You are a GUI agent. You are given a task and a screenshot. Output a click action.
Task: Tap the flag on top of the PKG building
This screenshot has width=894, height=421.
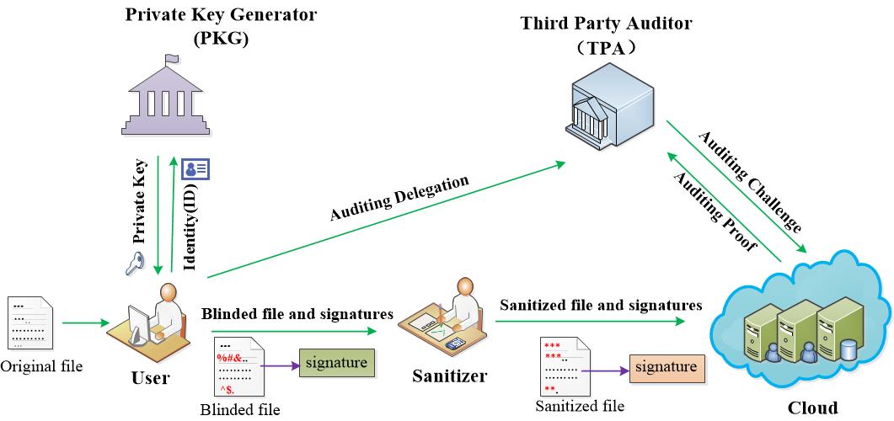coord(171,60)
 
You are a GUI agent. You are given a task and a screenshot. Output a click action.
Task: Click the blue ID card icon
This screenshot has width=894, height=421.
coord(196,168)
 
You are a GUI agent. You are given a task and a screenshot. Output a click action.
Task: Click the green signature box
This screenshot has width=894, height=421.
coord(335,365)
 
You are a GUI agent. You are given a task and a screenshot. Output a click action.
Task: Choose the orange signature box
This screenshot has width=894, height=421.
coord(666,367)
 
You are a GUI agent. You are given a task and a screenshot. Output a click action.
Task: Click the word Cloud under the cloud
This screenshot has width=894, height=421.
coord(812,408)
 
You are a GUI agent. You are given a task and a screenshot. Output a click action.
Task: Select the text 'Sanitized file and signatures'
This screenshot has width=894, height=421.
coord(601,305)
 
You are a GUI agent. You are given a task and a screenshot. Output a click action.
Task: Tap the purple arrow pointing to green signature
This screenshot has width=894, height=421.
coord(278,366)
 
